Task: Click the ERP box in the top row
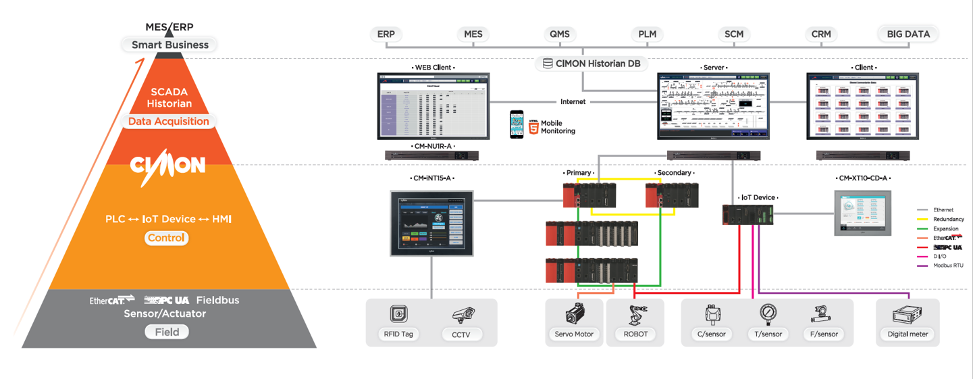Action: (386, 34)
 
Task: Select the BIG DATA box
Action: (908, 34)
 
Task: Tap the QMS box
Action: (560, 34)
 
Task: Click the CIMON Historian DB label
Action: (591, 64)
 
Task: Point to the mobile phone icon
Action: (517, 124)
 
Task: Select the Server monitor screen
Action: (714, 106)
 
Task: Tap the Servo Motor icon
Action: (575, 314)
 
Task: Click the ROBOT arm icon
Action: (635, 315)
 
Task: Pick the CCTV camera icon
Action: (463, 315)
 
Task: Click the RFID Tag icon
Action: (398, 314)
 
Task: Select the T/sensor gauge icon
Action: (768, 314)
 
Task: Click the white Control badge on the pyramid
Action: (167, 238)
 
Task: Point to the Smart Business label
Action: (169, 45)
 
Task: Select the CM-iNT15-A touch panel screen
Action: (432, 222)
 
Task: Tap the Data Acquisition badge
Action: (169, 122)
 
